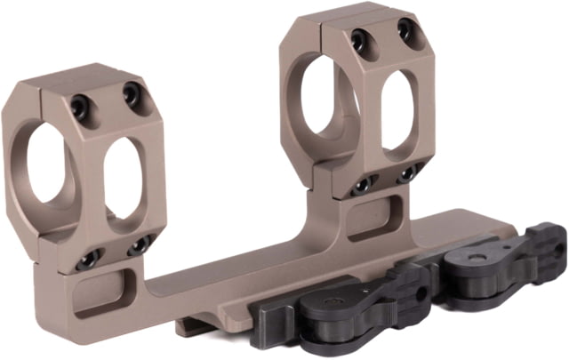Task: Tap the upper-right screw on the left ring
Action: click(132, 94)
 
